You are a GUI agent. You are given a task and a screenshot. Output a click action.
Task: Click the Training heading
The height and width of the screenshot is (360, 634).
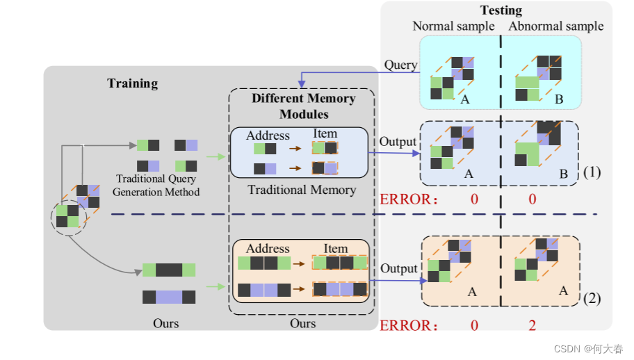click(132, 83)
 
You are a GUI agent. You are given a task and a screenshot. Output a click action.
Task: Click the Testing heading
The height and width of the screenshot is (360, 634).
click(501, 10)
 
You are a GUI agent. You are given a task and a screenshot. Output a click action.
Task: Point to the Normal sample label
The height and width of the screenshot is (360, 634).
click(453, 26)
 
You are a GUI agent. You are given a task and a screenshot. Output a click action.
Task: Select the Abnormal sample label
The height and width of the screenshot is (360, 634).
click(556, 26)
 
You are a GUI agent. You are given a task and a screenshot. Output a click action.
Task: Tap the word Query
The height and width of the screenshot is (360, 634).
click(400, 65)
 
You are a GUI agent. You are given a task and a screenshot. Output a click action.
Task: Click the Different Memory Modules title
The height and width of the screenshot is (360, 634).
click(303, 106)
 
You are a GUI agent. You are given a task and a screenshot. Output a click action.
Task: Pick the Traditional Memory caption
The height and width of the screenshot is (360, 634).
click(302, 189)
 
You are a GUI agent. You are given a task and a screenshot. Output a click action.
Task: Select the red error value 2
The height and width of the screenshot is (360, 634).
click(532, 325)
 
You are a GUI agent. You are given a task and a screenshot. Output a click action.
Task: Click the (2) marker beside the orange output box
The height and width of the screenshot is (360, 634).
click(592, 299)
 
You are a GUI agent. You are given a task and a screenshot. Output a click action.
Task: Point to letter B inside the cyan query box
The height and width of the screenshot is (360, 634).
click(558, 100)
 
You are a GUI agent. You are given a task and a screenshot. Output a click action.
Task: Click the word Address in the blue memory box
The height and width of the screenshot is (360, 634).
click(268, 136)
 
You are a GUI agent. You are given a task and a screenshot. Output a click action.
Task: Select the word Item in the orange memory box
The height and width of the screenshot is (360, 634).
click(335, 248)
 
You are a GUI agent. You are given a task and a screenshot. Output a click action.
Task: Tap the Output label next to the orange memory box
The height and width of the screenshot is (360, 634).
click(399, 268)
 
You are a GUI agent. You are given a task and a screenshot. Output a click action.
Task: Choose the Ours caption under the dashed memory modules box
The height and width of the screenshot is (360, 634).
click(302, 323)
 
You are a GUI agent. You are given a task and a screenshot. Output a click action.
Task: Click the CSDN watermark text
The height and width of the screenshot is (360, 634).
click(588, 348)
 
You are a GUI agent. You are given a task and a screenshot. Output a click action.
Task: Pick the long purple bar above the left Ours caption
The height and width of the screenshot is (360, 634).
click(169, 297)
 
